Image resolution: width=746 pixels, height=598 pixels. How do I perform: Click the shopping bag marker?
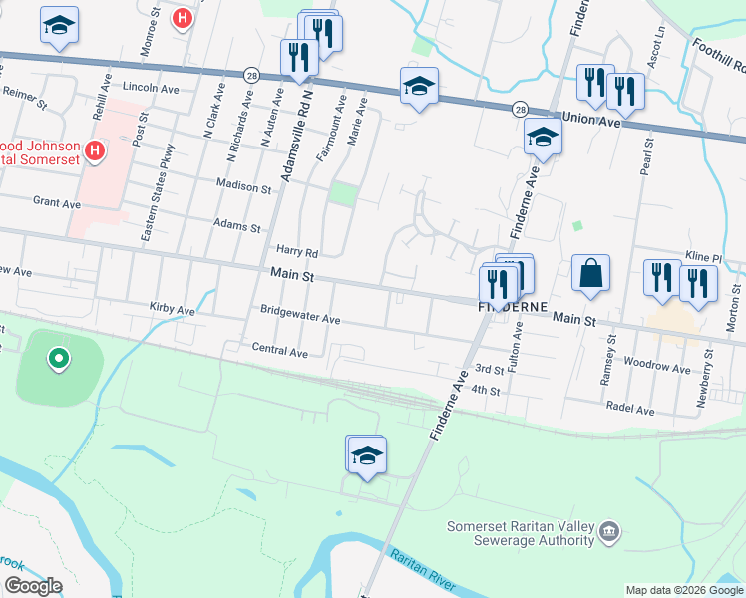click(590, 274)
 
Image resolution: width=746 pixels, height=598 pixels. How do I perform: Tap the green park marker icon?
click(59, 358)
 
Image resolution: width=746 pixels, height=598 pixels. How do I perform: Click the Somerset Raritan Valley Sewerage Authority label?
click(521, 533)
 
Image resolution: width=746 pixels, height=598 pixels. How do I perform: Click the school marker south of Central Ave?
click(366, 454)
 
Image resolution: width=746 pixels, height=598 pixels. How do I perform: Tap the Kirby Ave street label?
click(172, 310)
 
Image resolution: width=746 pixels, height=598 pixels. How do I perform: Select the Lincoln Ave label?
click(151, 87)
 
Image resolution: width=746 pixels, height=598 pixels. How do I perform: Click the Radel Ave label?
click(630, 410)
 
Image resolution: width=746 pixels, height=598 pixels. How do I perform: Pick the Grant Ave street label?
click(57, 203)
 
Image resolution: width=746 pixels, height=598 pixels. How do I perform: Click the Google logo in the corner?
click(33, 586)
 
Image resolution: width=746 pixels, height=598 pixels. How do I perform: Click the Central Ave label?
click(279, 350)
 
